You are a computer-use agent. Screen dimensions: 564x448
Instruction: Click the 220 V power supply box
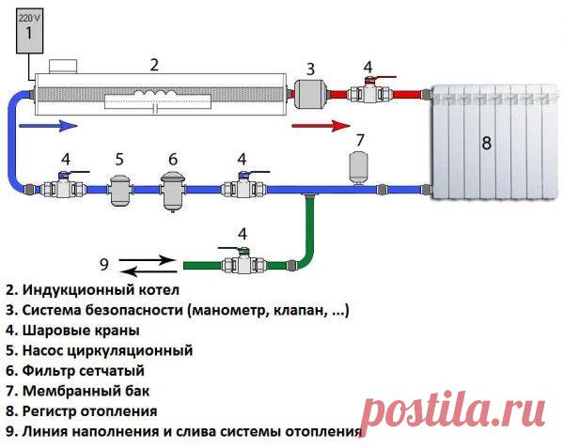point(29,32)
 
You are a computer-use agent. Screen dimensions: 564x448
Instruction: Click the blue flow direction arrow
point(48,125)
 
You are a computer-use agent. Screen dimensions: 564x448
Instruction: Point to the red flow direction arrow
point(321,126)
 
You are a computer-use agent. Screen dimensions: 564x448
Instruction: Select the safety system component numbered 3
point(310,94)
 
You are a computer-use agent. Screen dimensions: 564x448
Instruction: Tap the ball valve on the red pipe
point(370,92)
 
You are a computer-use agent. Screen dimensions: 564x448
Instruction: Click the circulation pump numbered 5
point(120,190)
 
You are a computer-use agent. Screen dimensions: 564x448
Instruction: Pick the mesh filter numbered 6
point(173,191)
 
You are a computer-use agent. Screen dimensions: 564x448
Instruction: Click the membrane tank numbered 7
point(358,170)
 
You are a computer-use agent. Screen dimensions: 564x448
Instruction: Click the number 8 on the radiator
point(486,143)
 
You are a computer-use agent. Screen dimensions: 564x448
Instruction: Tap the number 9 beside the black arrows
point(104,265)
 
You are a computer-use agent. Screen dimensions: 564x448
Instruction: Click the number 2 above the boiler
point(154,65)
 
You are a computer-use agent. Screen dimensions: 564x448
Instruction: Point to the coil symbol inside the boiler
point(155,93)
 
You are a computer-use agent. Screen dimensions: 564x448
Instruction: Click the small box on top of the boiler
point(63,67)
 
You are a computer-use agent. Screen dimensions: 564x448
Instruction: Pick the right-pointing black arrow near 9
point(147,260)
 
